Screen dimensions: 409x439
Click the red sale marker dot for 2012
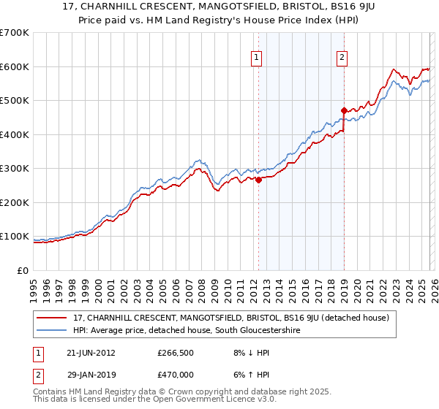tap(258, 180)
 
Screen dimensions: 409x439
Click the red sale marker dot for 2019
tap(343, 110)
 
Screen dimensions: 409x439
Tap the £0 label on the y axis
tap(22, 271)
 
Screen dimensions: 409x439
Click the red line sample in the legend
tap(52, 318)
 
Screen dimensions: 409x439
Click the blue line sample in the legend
tap(52, 330)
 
